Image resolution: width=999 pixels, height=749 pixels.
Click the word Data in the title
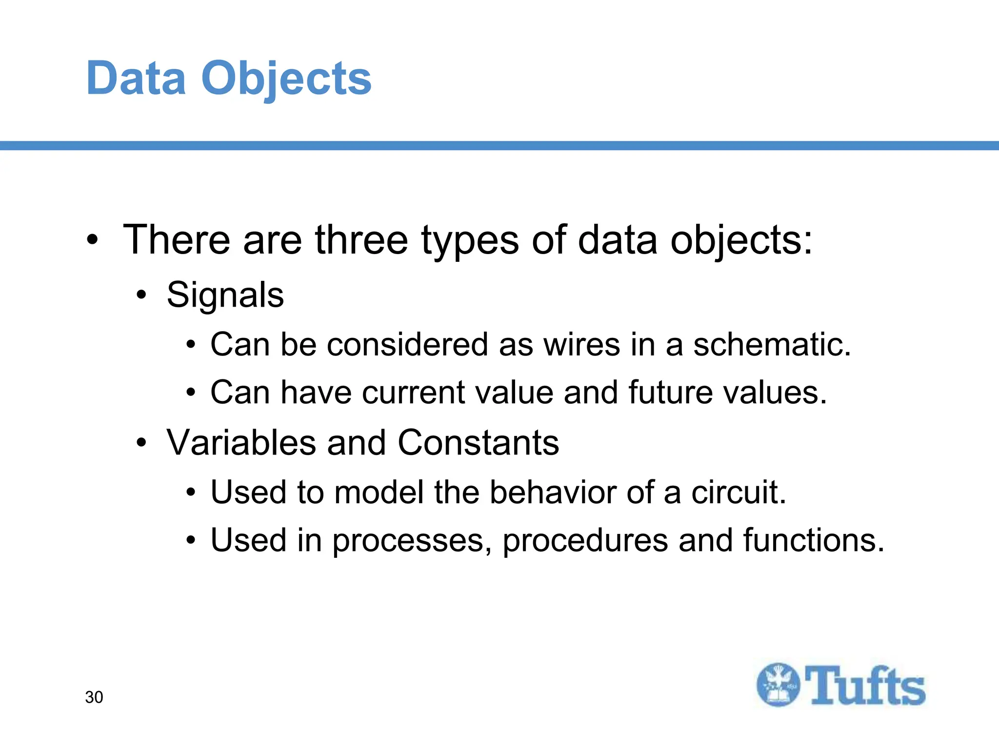pyautogui.click(x=136, y=78)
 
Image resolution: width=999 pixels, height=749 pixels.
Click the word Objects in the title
pyautogui.click(x=286, y=79)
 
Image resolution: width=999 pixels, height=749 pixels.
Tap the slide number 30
pyautogui.click(x=94, y=697)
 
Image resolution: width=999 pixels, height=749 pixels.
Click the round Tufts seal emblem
pyautogui.click(x=778, y=685)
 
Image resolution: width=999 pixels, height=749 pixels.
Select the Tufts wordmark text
pyautogui.click(x=864, y=686)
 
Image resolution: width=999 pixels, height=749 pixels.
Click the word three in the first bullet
pyautogui.click(x=361, y=240)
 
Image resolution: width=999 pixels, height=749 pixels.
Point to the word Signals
pyautogui.click(x=225, y=295)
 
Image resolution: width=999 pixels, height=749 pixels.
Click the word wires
pyautogui.click(x=581, y=344)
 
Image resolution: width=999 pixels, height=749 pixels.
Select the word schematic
pyautogui.click(x=772, y=344)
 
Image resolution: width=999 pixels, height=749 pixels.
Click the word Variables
pyautogui.click(x=241, y=443)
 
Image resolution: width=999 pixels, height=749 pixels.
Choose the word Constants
pyautogui.click(x=478, y=443)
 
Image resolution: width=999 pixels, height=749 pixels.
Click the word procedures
pyautogui.click(x=585, y=541)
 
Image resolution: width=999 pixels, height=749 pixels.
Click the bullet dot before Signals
pyautogui.click(x=141, y=296)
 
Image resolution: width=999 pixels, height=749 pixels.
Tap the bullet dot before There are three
pyautogui.click(x=92, y=240)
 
